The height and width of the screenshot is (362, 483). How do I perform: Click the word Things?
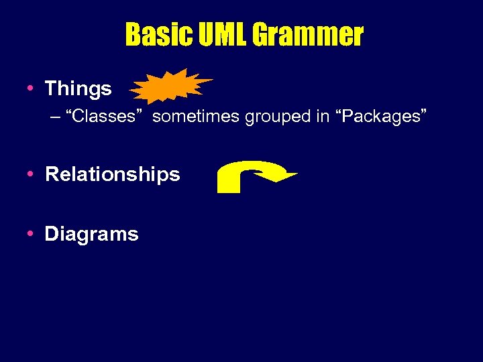pos(78,88)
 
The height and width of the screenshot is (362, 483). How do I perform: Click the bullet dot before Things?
pos(31,88)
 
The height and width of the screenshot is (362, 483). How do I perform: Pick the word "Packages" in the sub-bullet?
pos(380,116)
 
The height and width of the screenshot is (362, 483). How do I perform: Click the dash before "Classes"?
pos(54,117)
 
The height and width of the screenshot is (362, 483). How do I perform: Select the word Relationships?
pos(112,174)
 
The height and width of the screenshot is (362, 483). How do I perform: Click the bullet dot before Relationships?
pos(31,174)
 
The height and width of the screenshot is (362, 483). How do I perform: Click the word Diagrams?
pos(91,234)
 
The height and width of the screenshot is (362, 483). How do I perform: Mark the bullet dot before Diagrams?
pos(31,234)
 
